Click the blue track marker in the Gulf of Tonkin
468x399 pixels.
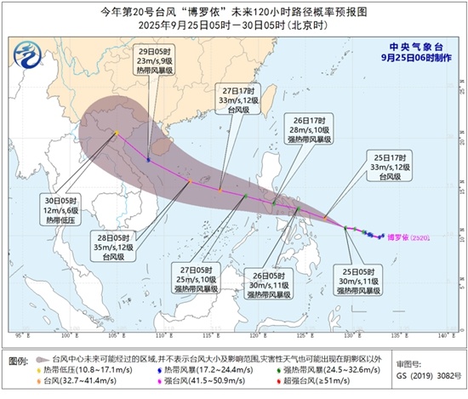point(148,159)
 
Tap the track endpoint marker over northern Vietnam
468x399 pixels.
point(117,133)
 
